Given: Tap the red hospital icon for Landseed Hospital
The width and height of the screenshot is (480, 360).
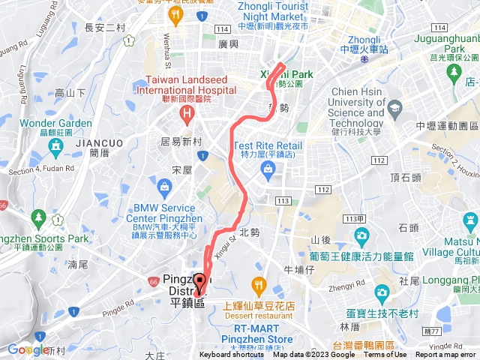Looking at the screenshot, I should pos(185,115).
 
